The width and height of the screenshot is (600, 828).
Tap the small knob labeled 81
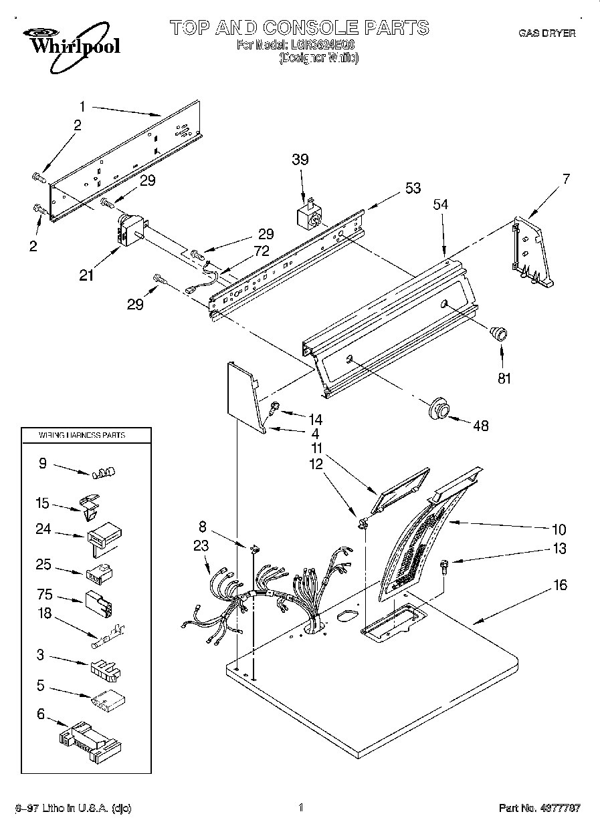[499, 332]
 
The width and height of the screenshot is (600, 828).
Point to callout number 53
[413, 188]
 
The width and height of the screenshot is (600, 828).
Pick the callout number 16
[560, 585]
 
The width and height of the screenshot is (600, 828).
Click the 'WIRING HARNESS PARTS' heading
[74, 435]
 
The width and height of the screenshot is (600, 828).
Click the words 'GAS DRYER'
[546, 33]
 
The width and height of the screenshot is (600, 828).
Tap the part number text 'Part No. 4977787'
[540, 808]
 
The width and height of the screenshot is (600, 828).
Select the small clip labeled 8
[253, 549]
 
